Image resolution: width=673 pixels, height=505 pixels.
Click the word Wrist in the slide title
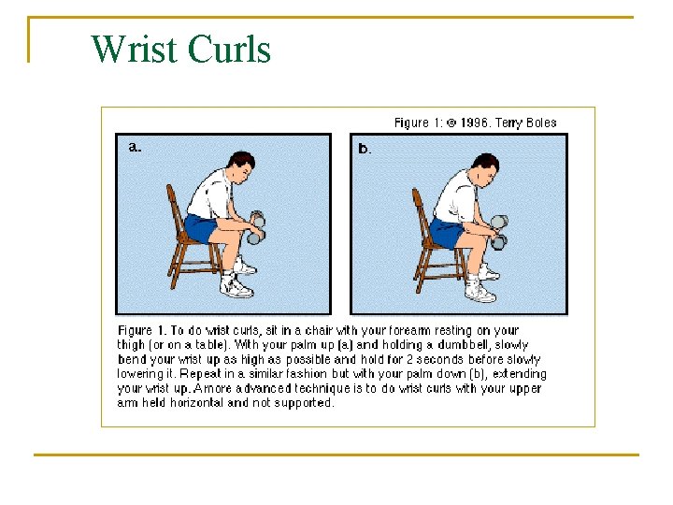[133, 49]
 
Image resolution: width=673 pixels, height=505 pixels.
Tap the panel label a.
[135, 147]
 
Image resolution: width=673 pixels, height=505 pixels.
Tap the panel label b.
[365, 149]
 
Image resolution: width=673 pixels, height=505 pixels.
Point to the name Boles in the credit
[539, 123]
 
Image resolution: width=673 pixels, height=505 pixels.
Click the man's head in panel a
[241, 167]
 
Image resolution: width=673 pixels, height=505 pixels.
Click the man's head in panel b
[485, 170]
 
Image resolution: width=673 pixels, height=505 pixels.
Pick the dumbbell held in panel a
[255, 230]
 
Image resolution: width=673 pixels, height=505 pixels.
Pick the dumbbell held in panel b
[499, 231]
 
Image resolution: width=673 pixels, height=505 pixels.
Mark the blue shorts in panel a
[202, 227]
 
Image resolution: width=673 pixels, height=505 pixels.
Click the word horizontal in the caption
[187, 403]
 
